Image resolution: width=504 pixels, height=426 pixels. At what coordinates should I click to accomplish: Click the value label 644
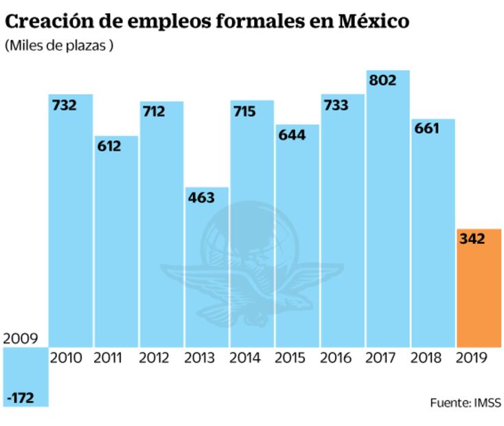pos(292,135)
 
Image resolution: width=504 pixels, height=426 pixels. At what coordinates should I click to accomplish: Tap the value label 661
pos(427,130)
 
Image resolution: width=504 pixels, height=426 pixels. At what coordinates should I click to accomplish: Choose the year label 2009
pos(21,338)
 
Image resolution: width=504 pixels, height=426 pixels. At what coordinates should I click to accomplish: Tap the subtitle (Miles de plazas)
pos(59,46)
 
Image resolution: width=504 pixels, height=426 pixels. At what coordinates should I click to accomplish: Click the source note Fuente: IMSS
pos(466,403)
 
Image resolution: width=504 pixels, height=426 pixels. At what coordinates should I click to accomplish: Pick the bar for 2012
pos(161,227)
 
